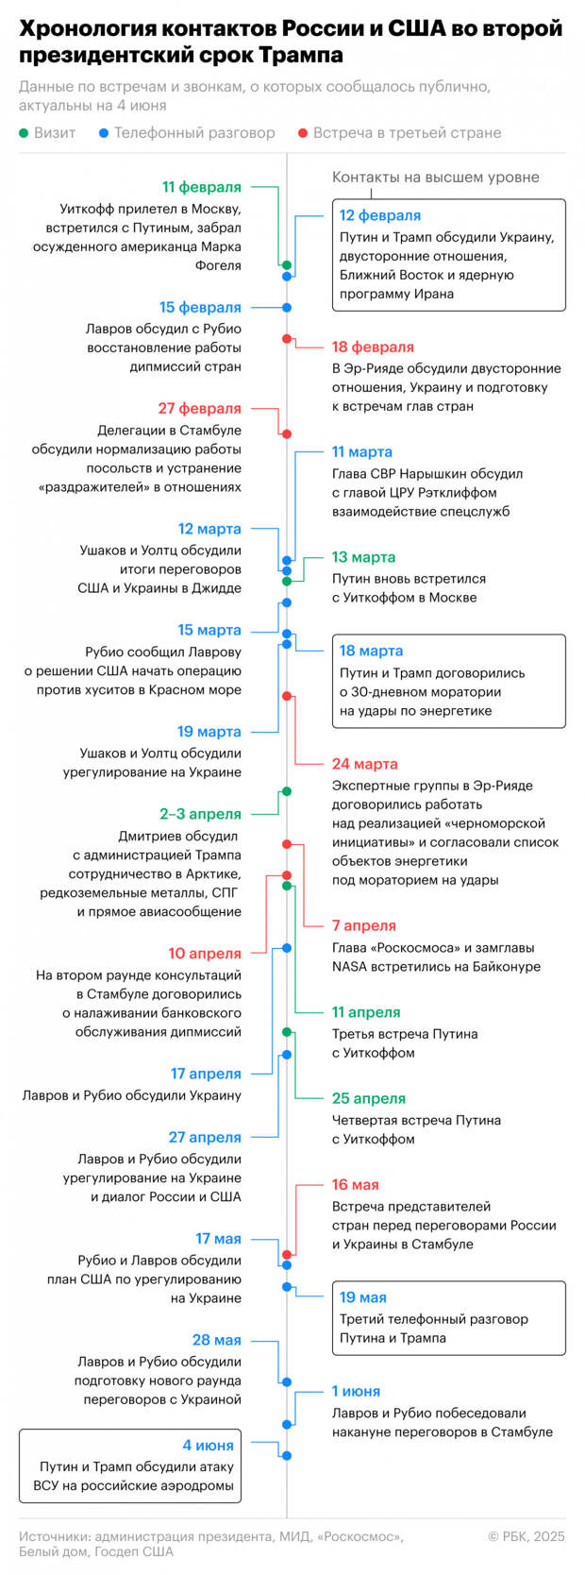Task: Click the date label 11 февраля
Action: click(202, 187)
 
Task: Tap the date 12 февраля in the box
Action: click(380, 216)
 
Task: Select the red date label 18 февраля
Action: click(373, 347)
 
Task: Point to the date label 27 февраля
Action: click(199, 409)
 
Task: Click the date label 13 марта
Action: click(364, 557)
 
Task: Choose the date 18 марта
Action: click(372, 652)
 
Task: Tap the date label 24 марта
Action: click(364, 764)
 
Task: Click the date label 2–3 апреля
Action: click(200, 814)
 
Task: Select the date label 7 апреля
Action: click(364, 925)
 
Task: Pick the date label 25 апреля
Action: click(369, 1098)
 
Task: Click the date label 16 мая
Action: click(356, 1185)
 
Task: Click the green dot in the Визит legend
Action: click(24, 133)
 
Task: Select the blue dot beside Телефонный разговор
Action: click(104, 133)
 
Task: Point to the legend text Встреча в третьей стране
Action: click(408, 133)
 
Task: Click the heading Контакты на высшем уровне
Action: click(435, 178)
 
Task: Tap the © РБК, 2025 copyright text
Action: click(526, 1536)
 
